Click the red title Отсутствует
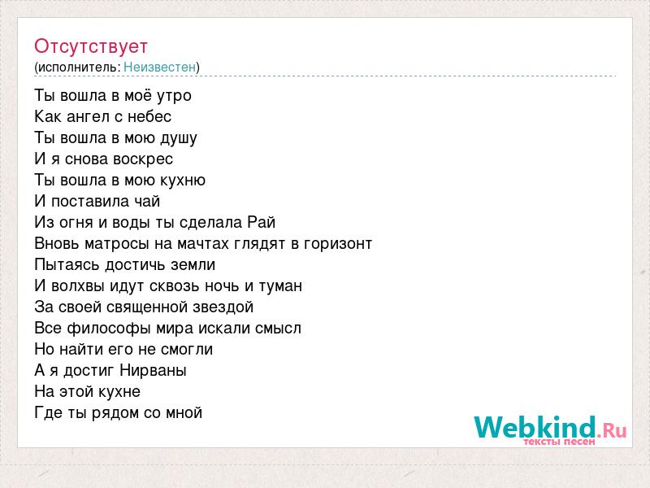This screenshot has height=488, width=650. click(x=91, y=46)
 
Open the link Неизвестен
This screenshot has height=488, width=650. click(x=159, y=67)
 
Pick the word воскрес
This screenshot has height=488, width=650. click(x=143, y=159)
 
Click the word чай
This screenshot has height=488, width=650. click(x=147, y=201)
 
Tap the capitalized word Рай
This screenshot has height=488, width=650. click(x=262, y=222)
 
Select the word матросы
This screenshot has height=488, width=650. click(x=116, y=244)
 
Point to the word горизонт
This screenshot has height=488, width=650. click(x=338, y=244)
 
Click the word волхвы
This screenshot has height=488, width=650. click(x=78, y=286)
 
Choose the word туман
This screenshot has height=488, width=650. click(x=280, y=286)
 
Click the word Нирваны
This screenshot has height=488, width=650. click(x=153, y=371)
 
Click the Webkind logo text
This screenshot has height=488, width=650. click(x=550, y=427)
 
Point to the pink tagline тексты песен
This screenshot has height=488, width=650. click(x=559, y=442)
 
